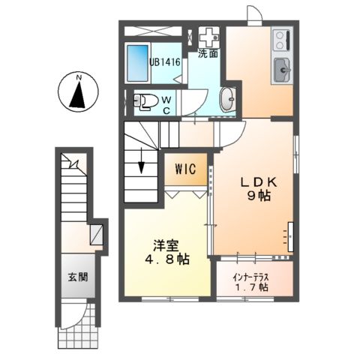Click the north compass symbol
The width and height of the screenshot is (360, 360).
(79, 92)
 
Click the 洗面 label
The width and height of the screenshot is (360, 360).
(208, 54)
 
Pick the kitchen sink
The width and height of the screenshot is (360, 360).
(283, 70)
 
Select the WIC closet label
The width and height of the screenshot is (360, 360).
(185, 169)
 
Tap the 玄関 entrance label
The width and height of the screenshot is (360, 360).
(77, 277)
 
